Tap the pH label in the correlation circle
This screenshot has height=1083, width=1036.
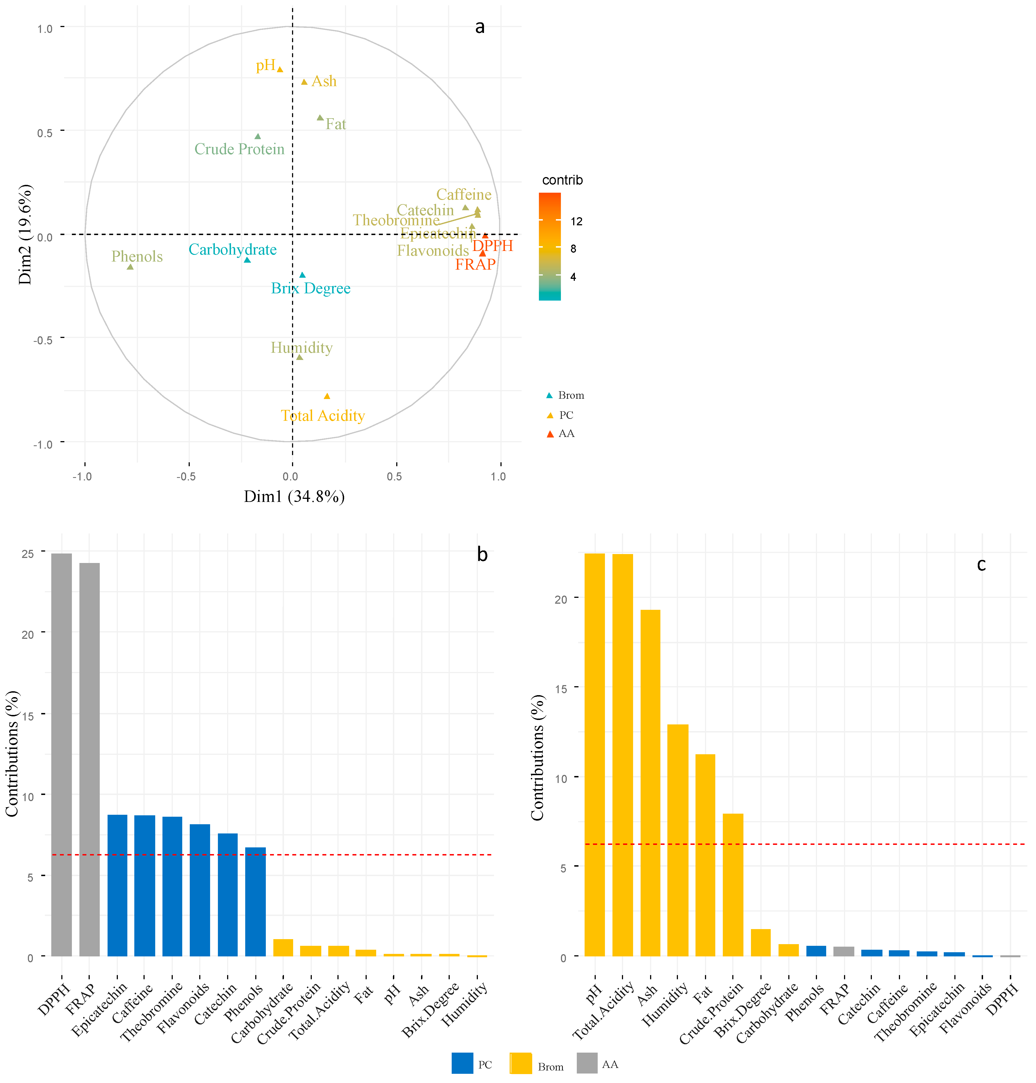tap(266, 65)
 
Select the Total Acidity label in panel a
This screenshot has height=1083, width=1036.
tap(323, 416)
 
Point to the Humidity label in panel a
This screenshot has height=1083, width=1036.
tap(301, 348)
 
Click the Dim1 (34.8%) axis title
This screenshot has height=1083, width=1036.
tap(294, 497)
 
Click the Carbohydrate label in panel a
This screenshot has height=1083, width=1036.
tap(232, 250)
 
